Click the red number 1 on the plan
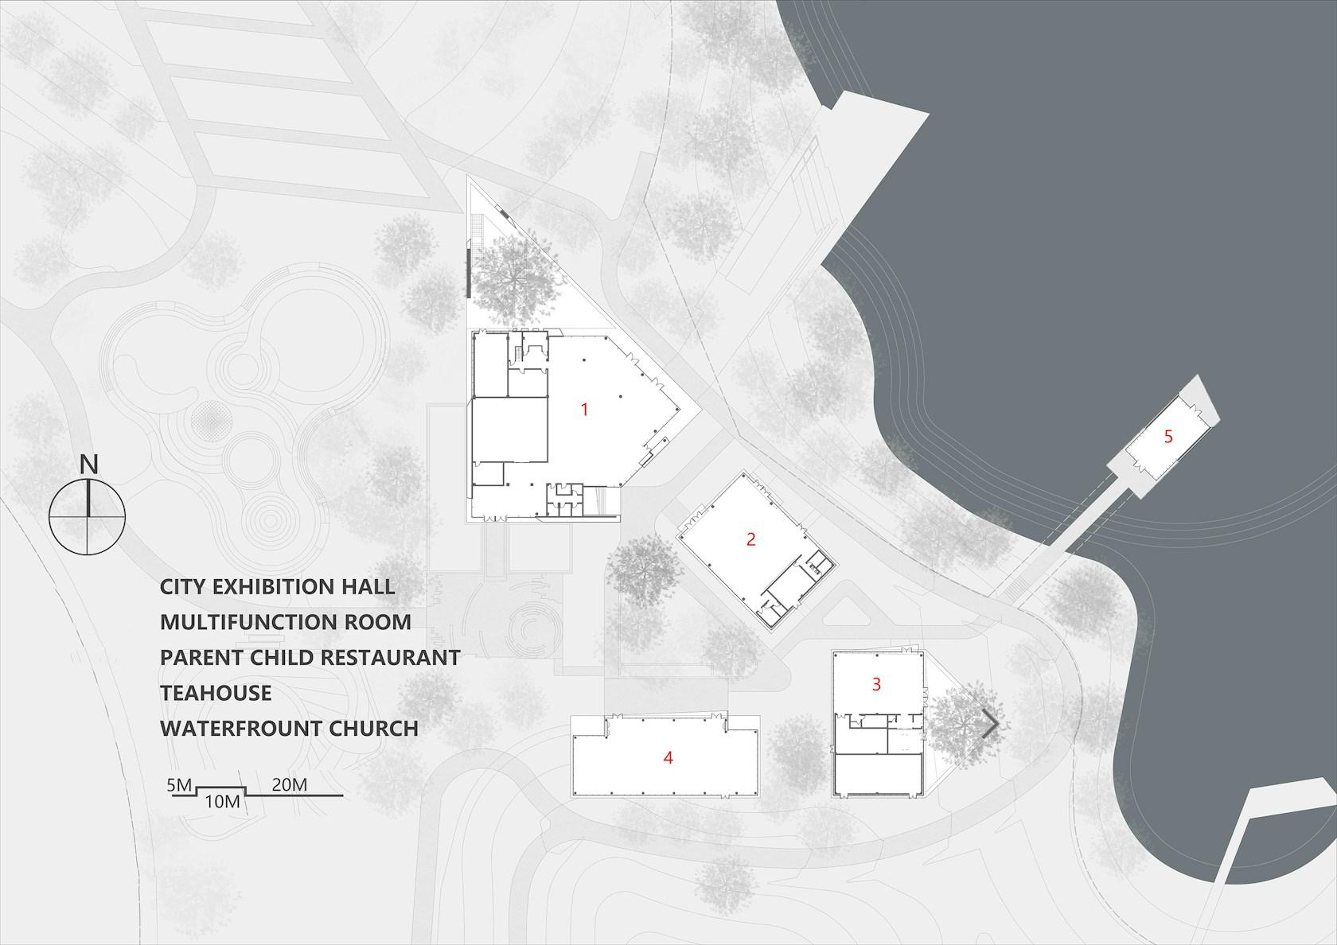click(585, 409)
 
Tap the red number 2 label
click(751, 539)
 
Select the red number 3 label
click(876, 684)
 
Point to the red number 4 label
click(668, 757)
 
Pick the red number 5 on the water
click(1168, 437)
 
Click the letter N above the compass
click(89, 465)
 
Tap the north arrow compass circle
click(88, 516)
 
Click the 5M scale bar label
click(179, 785)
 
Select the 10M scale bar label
click(223, 802)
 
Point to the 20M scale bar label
click(290, 785)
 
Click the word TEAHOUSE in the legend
click(216, 693)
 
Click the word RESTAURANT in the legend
click(390, 657)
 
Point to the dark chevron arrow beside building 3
click(992, 724)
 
